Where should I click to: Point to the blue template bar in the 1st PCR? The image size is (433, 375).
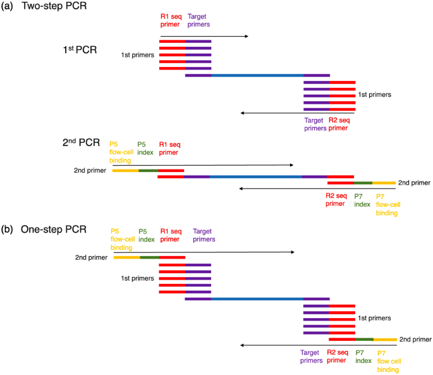257,75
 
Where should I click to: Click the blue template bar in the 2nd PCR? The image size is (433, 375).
255,176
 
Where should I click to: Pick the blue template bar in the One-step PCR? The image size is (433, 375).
257,298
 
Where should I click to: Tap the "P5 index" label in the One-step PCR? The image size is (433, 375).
147,235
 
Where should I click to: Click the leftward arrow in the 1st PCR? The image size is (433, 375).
297,113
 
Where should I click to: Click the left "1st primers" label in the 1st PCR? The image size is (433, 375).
138,56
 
